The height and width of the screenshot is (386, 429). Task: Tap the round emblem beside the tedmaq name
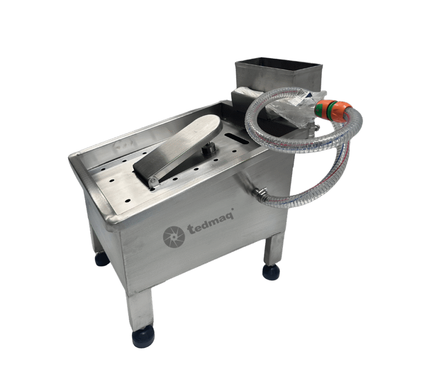(174, 236)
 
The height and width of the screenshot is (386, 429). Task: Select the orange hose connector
(332, 109)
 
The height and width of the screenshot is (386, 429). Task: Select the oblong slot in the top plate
(236, 138)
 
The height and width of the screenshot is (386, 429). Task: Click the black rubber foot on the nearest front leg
(143, 338)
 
